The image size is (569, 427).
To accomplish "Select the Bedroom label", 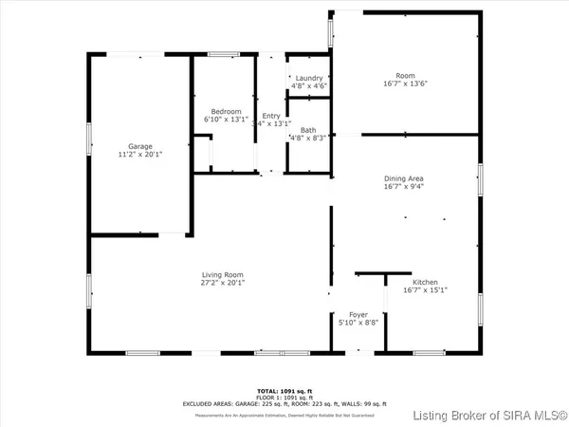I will click(225, 112).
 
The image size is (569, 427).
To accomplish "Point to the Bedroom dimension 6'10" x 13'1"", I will click(225, 121).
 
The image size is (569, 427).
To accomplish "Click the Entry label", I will click(271, 116).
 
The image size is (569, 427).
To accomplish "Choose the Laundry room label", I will click(309, 78).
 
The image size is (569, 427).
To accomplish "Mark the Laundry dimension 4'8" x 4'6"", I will click(309, 86).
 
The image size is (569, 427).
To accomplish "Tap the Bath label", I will click(308, 130).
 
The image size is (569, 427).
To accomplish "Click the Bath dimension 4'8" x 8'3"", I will click(308, 139).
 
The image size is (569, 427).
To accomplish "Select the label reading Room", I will click(405, 75).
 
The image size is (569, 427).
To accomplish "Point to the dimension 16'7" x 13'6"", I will click(405, 84).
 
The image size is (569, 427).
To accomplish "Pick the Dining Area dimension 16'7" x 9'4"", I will click(405, 188).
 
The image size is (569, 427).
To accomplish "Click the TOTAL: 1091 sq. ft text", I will click(284, 391).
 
